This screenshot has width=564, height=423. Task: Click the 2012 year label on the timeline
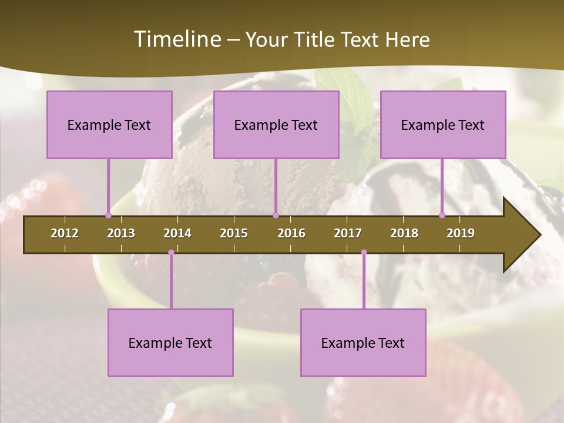[65, 233]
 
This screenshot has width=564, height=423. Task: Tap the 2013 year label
[121, 233]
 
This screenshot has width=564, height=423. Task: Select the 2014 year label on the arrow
[177, 233]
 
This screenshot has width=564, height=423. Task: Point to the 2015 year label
[234, 233]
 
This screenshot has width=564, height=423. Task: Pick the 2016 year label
[291, 233]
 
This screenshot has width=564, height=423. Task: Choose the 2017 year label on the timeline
[348, 233]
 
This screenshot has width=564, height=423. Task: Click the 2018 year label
[404, 233]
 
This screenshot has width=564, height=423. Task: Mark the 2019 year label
[461, 233]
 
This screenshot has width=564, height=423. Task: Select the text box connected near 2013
[109, 125]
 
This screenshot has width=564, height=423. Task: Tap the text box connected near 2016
[276, 125]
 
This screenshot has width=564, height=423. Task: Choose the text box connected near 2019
[443, 125]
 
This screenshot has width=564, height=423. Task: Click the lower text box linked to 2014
[170, 343]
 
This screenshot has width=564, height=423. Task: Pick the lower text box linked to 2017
[363, 343]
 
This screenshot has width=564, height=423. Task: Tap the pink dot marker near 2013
[108, 215]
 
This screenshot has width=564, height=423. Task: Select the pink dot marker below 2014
[171, 253]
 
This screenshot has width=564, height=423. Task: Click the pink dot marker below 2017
[364, 253]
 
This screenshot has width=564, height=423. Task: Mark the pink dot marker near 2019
[442, 215]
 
